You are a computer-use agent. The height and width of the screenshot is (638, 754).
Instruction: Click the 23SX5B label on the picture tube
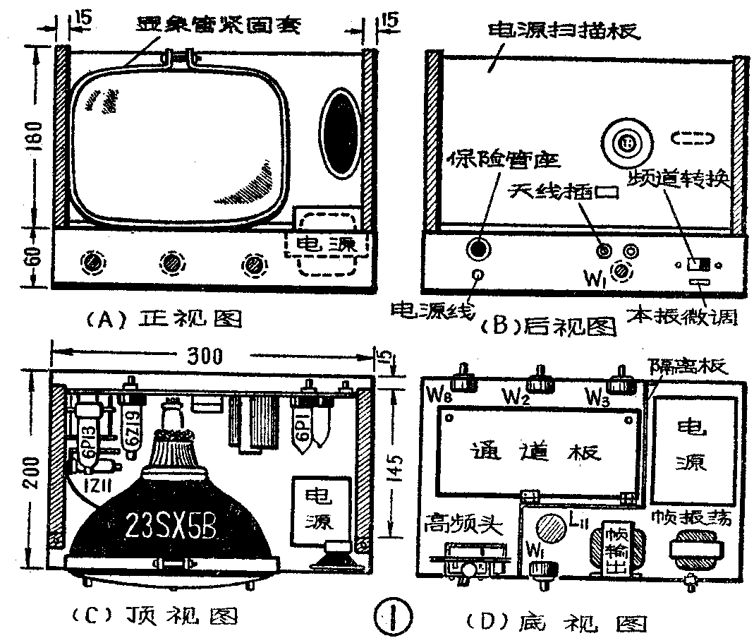[171, 524]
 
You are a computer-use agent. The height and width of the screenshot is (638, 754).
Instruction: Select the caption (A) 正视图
[164, 320]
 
